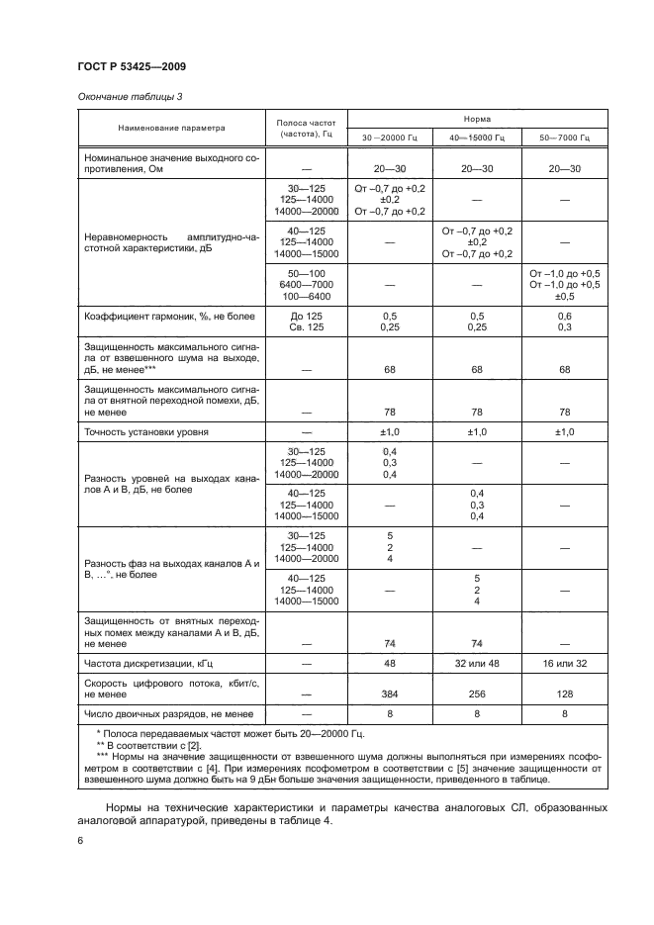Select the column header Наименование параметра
coord(171,128)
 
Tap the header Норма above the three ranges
coord(477,117)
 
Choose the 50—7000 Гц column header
coord(564,138)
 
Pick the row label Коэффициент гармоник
coord(156,315)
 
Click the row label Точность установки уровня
coord(144,431)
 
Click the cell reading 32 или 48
coord(477,663)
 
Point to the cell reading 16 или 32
coord(564,663)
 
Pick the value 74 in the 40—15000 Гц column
coord(477,642)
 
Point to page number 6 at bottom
coord(80,840)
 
